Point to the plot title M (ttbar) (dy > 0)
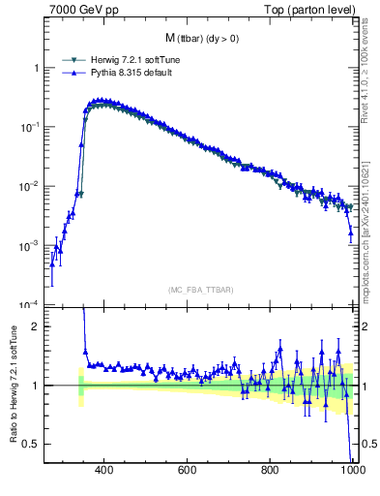203,38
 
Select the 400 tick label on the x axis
105,471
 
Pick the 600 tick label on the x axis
189,471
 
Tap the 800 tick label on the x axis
272,471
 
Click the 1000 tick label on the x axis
352,471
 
